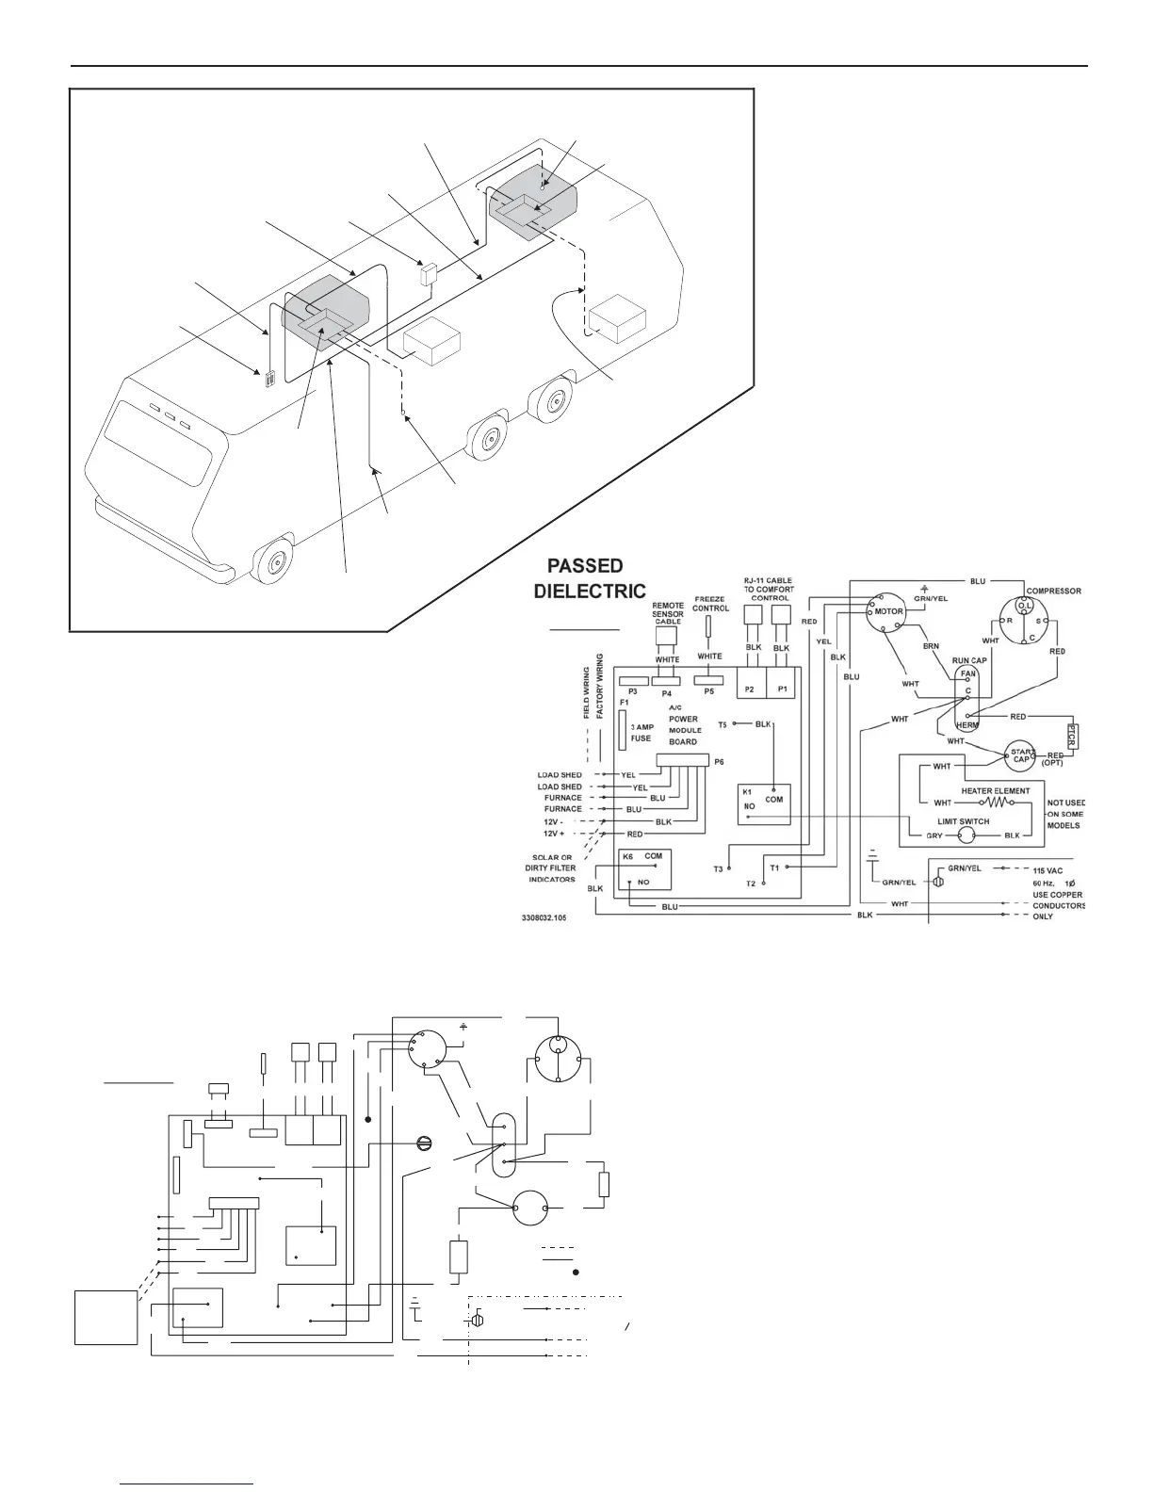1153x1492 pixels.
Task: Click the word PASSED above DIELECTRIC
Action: [585, 566]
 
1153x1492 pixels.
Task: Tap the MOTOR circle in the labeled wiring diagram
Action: [887, 611]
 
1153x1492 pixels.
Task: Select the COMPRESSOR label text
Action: [1053, 592]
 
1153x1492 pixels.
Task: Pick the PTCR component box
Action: [1070, 736]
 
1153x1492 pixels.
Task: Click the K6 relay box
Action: [644, 869]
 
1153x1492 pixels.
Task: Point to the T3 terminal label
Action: [719, 868]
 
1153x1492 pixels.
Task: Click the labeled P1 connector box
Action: [782, 689]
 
